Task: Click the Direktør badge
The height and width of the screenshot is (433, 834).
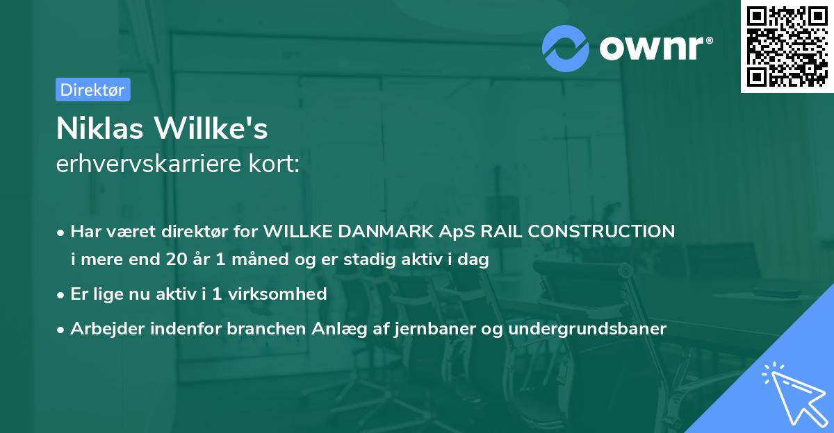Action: pyautogui.click(x=92, y=90)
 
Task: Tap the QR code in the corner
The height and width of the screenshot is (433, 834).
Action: pyautogui.click(x=787, y=46)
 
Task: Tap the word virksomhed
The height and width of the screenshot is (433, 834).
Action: pyautogui.click(x=278, y=294)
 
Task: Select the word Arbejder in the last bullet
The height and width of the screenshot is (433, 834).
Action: pyautogui.click(x=104, y=328)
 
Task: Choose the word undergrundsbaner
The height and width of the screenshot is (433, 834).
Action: pyautogui.click(x=587, y=328)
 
